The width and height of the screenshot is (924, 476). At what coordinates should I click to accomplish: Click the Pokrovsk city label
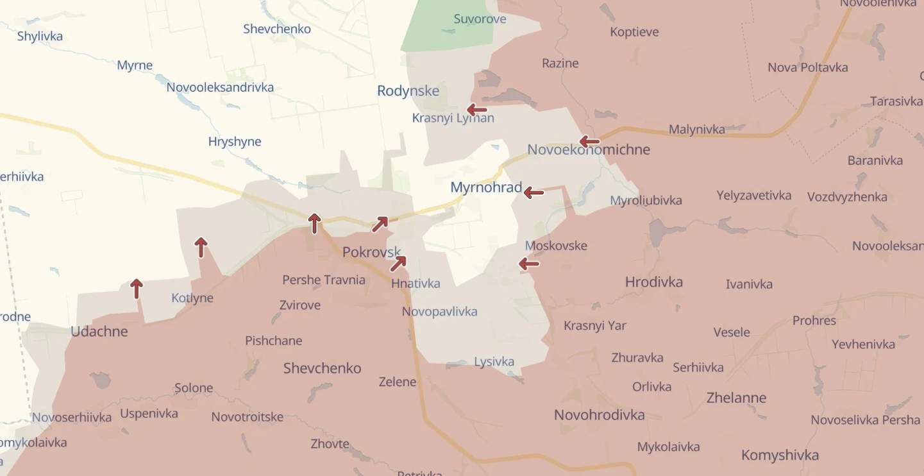(x=371, y=252)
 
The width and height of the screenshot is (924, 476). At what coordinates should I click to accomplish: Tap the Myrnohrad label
(x=485, y=187)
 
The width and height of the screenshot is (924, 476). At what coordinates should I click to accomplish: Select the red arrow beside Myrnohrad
(x=533, y=192)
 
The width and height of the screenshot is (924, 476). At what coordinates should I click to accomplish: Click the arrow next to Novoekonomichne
(x=589, y=142)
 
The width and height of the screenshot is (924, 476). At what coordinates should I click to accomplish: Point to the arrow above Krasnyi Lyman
(x=477, y=110)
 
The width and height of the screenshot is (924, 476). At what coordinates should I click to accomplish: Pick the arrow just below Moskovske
(x=529, y=263)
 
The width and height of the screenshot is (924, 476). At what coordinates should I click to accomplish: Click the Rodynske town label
(x=408, y=91)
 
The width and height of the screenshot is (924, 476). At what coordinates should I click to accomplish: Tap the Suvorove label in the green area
(x=480, y=19)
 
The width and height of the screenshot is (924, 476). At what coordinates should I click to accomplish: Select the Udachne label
(x=99, y=332)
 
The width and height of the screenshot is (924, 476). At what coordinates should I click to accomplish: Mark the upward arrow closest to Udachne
(x=136, y=289)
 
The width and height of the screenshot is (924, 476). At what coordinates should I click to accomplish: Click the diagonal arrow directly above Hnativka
(x=398, y=263)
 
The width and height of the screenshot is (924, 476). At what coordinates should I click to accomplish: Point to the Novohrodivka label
(x=599, y=415)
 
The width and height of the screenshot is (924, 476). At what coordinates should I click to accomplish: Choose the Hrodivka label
(x=653, y=282)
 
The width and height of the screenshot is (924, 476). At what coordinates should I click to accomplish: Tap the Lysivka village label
(x=494, y=362)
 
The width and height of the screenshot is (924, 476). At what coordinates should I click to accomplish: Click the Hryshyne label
(x=235, y=142)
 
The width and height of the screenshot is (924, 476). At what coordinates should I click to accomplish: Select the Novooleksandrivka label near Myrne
(x=220, y=87)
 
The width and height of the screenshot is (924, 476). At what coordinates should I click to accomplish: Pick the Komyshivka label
(x=780, y=455)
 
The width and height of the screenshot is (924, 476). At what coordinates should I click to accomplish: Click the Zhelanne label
(x=736, y=398)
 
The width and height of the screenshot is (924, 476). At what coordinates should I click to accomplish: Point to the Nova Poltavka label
(x=807, y=67)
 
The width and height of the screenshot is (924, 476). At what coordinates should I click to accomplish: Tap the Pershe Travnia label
(x=324, y=280)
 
